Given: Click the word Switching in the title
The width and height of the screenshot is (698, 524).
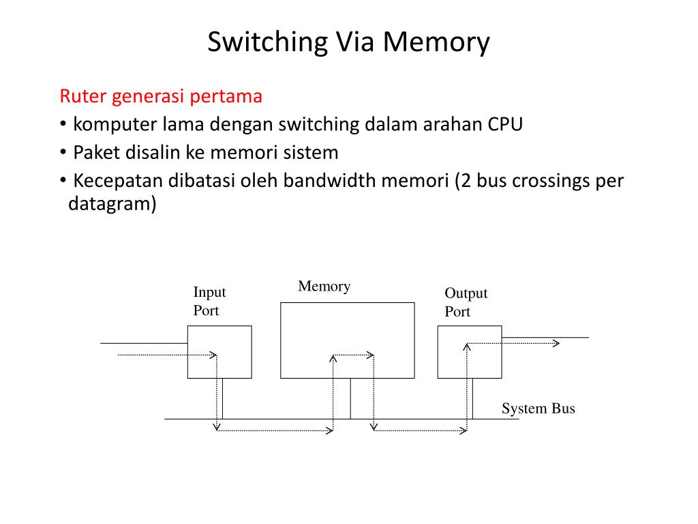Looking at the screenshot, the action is [267, 43].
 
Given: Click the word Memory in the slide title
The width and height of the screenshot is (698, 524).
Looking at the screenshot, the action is [436, 43].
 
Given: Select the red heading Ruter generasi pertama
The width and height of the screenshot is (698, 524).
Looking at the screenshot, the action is [161, 97].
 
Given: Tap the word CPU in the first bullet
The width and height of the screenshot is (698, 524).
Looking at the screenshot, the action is [505, 124].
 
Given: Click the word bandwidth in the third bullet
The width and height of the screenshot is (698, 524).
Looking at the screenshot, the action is [365, 180].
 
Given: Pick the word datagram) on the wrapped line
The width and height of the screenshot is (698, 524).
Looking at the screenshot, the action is [112, 204].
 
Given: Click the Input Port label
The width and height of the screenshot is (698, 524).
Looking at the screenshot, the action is [210, 301].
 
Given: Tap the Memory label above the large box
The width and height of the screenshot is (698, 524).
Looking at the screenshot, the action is [324, 286].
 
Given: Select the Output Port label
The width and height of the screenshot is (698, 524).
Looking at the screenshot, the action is [466, 302].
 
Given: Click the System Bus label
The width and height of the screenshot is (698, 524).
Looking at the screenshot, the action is [538, 408].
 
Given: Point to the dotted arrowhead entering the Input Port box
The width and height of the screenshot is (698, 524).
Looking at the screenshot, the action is [213, 355].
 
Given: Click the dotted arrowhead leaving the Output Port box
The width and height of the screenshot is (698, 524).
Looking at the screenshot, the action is [556, 343].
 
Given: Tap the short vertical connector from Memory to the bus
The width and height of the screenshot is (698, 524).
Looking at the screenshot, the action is [350, 398].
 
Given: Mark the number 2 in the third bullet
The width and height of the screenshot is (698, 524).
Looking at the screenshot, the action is [466, 180].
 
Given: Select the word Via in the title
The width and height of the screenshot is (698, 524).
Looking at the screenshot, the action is [355, 43].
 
